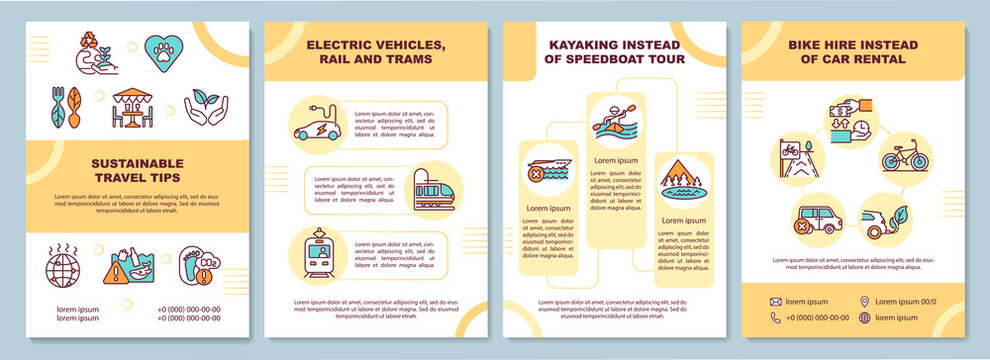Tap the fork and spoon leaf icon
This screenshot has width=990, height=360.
tap(67, 106)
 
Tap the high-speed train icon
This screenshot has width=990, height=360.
tap(434, 190)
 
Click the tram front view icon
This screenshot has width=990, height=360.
tap(316, 254)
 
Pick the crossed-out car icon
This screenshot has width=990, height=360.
tap(817, 218)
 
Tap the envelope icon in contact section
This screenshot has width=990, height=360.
tap(776, 301)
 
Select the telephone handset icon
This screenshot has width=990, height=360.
tap(776, 318)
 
